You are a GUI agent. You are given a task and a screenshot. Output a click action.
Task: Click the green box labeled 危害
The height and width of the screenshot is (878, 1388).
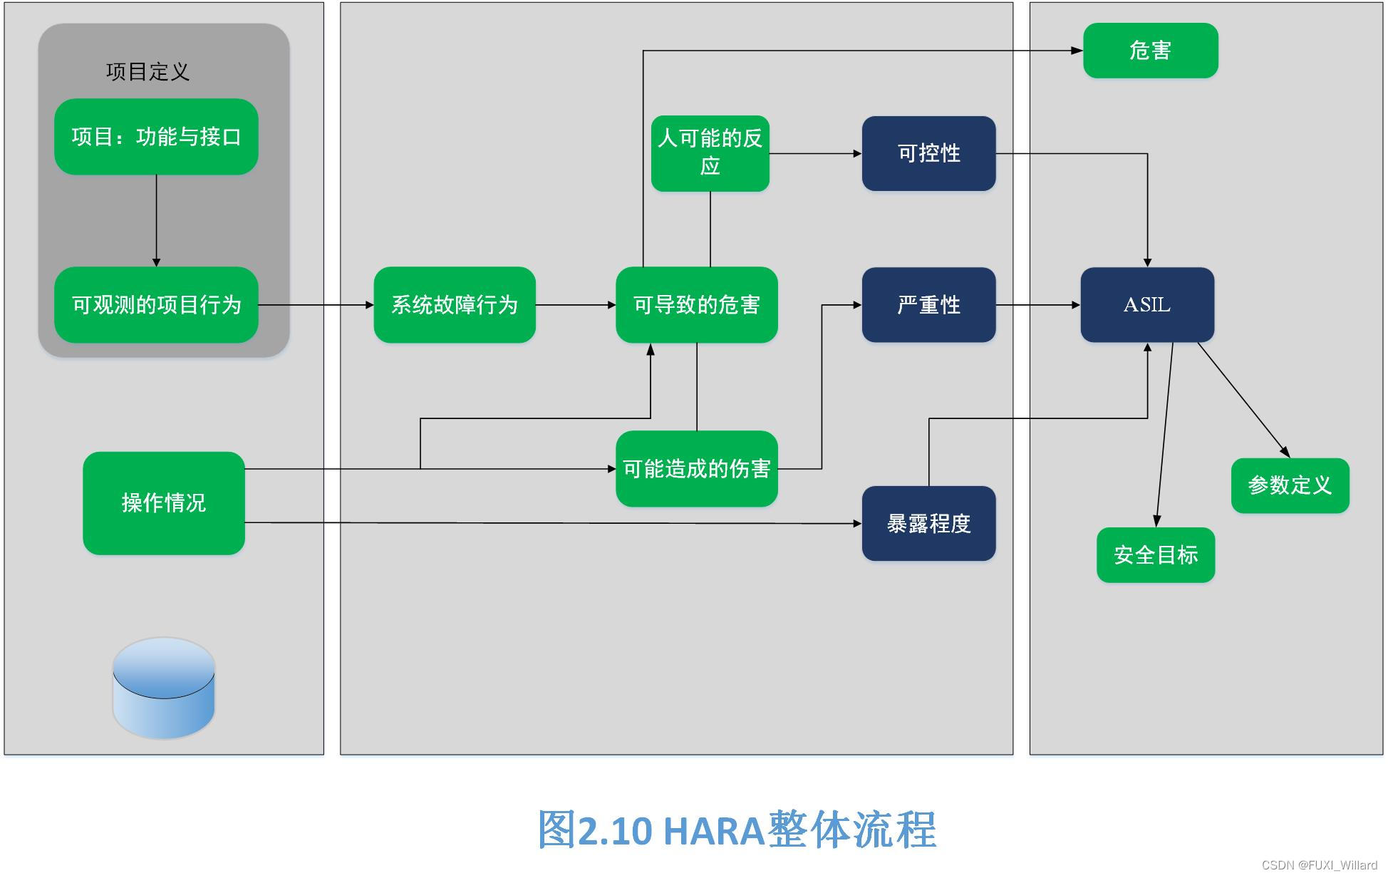(1150, 51)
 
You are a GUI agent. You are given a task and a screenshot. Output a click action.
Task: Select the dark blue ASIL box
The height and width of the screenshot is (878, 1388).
(1146, 305)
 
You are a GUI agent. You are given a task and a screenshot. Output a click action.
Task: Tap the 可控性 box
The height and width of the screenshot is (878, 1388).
(928, 153)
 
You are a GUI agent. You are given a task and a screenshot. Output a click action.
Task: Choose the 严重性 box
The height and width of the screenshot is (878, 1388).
(928, 305)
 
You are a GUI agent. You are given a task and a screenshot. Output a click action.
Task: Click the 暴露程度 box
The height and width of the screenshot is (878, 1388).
(928, 524)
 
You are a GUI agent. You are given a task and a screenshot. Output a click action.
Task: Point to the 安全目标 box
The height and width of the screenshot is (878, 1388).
(1155, 555)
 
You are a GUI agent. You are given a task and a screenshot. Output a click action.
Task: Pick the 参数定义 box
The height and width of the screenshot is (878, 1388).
(1290, 485)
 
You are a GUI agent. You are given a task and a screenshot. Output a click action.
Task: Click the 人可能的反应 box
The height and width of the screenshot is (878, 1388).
(710, 153)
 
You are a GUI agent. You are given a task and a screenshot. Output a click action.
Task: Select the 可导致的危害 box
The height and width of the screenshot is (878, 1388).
(696, 305)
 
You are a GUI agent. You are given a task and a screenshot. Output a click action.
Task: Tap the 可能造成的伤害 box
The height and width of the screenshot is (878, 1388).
(696, 469)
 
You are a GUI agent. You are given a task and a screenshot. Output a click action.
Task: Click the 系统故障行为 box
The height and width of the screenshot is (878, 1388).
(454, 305)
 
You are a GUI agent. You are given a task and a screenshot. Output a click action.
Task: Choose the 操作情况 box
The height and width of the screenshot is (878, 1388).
(163, 503)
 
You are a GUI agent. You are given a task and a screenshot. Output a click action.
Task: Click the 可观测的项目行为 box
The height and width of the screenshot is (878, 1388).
(156, 305)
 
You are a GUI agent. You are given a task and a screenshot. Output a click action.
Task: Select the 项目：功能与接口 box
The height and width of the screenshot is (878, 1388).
(156, 137)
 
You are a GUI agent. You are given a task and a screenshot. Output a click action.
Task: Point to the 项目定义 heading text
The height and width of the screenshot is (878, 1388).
(147, 72)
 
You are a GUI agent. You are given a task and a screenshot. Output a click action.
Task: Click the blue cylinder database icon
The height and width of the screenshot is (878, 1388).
(163, 688)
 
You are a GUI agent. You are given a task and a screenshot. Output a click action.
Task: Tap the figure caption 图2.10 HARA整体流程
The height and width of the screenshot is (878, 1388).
(737, 830)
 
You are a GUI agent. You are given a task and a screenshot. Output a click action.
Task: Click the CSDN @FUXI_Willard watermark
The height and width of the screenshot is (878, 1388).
(1319, 865)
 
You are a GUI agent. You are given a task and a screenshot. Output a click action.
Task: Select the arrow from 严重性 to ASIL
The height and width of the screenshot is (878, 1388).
(1037, 305)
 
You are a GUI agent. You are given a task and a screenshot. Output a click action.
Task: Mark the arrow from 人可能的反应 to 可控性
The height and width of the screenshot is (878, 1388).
(815, 153)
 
